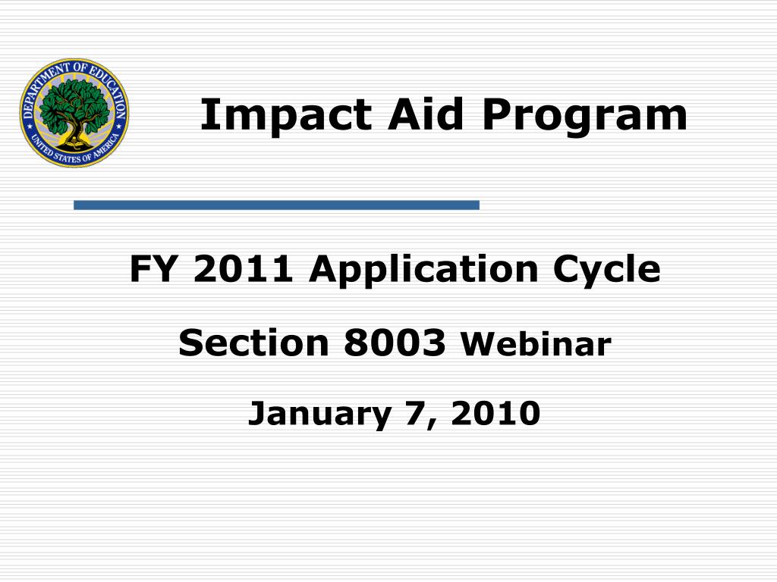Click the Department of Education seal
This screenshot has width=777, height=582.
[74, 112]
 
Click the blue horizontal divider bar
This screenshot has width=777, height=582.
[276, 205]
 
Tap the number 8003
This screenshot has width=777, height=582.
[395, 344]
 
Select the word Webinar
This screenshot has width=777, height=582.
[536, 346]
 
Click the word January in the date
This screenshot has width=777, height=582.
[319, 415]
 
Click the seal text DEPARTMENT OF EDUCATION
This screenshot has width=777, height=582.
[74, 70]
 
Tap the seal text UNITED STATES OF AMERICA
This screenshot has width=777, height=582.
[74, 155]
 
